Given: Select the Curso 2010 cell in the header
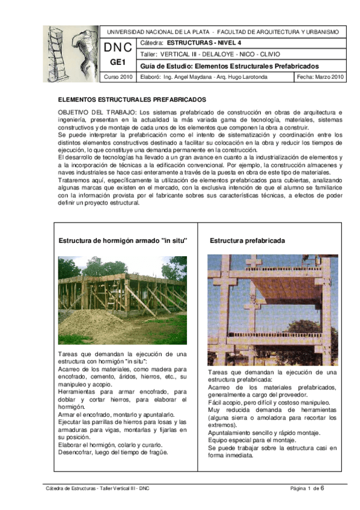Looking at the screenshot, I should (119, 77).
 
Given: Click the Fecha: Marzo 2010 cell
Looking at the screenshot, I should (320, 77).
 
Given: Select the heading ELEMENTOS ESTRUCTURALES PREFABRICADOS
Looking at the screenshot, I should (132, 98).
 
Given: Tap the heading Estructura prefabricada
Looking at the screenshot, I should (239, 241).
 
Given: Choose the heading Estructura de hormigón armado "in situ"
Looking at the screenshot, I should (123, 241).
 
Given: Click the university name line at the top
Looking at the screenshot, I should (222, 31).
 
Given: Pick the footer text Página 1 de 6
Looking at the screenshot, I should (307, 488).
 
